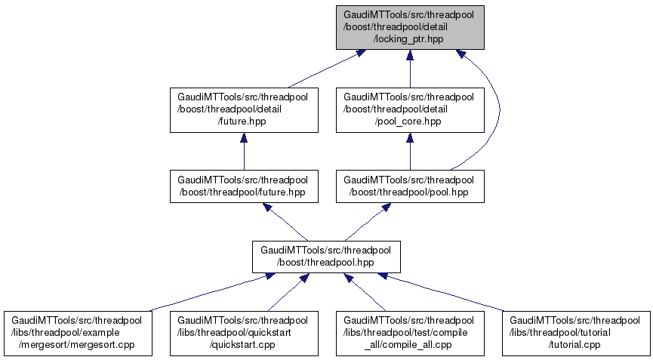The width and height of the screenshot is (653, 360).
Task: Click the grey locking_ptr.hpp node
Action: click(410, 27)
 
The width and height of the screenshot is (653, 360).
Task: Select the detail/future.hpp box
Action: click(243, 110)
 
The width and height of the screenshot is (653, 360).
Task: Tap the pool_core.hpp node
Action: click(410, 110)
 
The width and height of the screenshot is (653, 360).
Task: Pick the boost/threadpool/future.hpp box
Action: click(243, 186)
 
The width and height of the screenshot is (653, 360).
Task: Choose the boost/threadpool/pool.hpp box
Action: click(410, 186)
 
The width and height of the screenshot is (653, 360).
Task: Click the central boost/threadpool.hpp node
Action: click(326, 257)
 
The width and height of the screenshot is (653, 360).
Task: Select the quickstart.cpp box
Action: click(243, 333)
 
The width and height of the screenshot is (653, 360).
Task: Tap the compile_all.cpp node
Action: click(410, 333)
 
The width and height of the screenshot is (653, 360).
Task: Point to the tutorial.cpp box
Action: click(576, 333)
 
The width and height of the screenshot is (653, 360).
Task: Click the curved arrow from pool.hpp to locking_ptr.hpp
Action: click(499, 113)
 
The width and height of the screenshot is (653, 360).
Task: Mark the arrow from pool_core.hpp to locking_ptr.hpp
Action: click(410, 72)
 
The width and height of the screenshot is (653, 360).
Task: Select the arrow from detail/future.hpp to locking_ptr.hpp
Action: click(325, 70)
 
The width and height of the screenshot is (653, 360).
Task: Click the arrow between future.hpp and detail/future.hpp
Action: click(243, 153)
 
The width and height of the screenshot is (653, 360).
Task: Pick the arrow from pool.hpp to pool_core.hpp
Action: click(410, 153)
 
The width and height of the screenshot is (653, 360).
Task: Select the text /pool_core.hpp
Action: click(408, 121)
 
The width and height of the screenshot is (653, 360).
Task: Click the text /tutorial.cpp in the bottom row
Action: click(575, 344)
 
